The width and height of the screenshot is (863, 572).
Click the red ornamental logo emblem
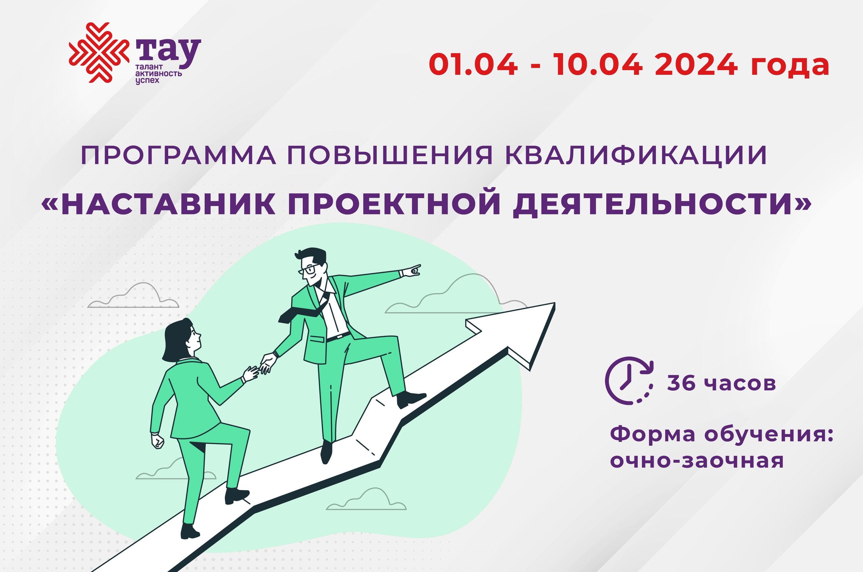[99, 53]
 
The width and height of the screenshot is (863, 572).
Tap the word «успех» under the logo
[147, 80]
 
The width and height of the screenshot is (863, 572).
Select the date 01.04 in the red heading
[473, 65]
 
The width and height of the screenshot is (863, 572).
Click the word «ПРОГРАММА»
[178, 155]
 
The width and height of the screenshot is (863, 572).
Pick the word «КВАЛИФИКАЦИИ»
[636, 155]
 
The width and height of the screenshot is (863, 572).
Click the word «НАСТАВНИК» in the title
[168, 204]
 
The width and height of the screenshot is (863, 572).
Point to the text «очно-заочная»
[697, 460]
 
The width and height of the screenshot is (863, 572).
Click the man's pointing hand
[412, 271]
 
